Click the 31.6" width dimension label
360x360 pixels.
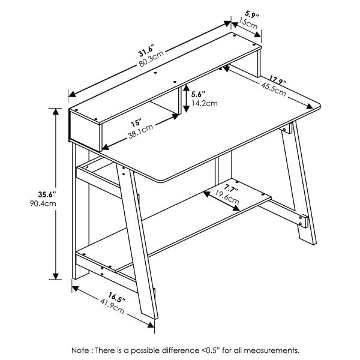pyautogui.click(x=146, y=50)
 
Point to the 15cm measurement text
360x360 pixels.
pyautogui.click(x=247, y=24)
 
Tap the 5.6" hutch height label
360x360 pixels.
pyautogui.click(x=198, y=94)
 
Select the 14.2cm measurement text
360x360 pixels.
pyautogui.click(x=202, y=103)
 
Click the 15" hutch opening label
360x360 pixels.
pyautogui.click(x=136, y=123)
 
